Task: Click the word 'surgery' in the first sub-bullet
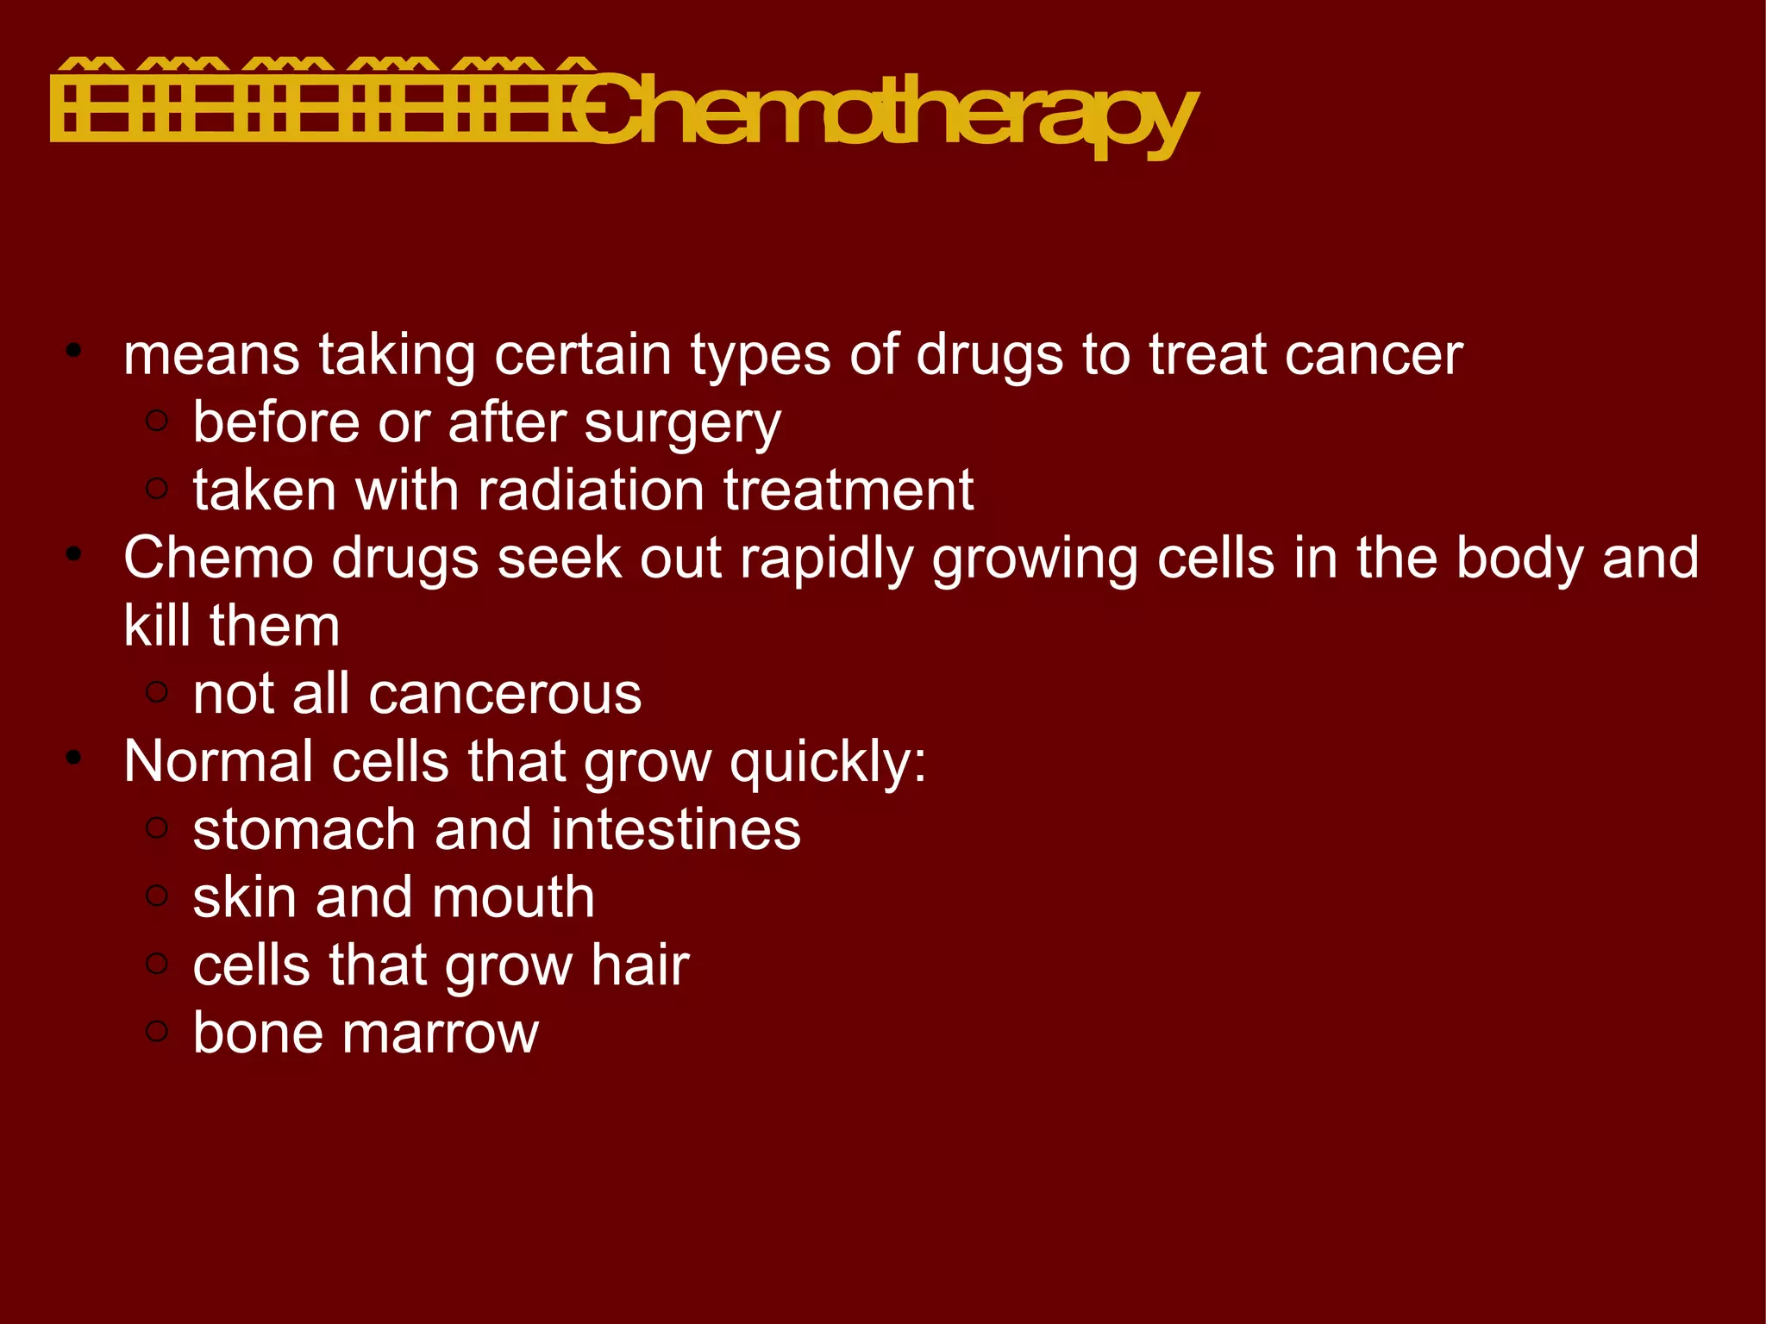click(x=682, y=423)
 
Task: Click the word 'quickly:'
click(x=828, y=763)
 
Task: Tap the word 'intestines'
click(x=676, y=829)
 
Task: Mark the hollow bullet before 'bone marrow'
click(x=157, y=1030)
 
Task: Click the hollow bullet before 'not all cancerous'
click(x=157, y=691)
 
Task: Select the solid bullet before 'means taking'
click(x=74, y=351)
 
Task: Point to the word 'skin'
click(x=245, y=897)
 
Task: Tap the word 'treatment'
click(x=849, y=490)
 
